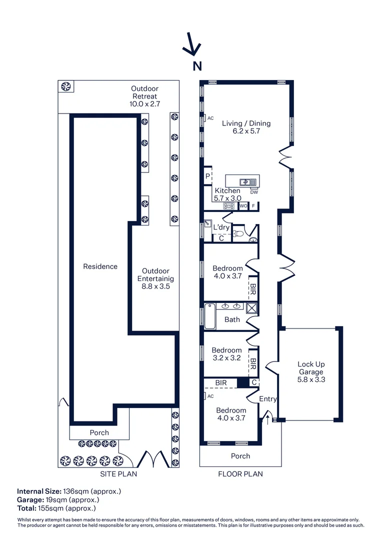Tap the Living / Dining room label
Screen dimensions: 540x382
pyautogui.click(x=246, y=127)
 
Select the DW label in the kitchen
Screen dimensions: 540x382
pyautogui.click(x=253, y=192)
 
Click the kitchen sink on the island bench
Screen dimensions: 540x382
pyautogui.click(x=245, y=181)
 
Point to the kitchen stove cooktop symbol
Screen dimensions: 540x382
pyautogui.click(x=229, y=205)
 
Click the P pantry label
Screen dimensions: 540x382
pyautogui.click(x=207, y=176)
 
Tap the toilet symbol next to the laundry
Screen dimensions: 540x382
pyautogui.click(x=239, y=233)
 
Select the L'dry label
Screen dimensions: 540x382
pyautogui.click(x=221, y=227)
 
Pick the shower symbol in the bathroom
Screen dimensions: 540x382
pyautogui.click(x=251, y=308)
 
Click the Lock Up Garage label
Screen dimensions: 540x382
pyautogui.click(x=310, y=371)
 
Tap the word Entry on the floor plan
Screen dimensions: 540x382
pyautogui.click(x=267, y=398)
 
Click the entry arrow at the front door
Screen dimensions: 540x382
pyautogui.click(x=267, y=418)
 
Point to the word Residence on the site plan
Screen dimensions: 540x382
pyautogui.click(x=100, y=266)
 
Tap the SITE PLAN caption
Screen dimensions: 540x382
pyautogui.click(x=117, y=474)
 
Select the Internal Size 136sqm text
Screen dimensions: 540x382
pyautogui.click(x=69, y=491)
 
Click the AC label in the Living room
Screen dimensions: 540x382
pyautogui.click(x=210, y=118)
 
